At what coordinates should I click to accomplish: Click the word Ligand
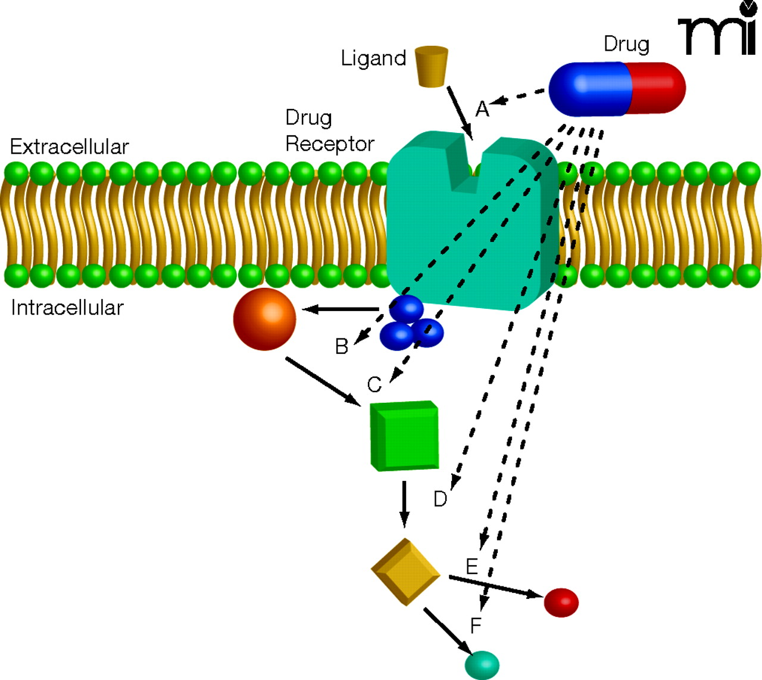(373, 58)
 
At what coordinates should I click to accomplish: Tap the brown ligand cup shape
(431, 66)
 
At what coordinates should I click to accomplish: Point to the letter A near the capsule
(482, 109)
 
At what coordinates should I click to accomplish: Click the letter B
(342, 346)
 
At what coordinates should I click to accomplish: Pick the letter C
(374, 385)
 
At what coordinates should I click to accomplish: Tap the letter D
(440, 499)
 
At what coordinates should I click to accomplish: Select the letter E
(472, 566)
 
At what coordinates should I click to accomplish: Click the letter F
(476, 626)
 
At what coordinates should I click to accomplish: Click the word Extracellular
(69, 147)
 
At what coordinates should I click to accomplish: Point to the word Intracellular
(67, 308)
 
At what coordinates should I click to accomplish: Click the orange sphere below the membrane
(264, 319)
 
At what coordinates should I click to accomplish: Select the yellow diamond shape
(405, 572)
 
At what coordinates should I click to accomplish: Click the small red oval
(561, 602)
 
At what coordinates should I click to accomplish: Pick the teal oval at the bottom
(482, 665)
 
